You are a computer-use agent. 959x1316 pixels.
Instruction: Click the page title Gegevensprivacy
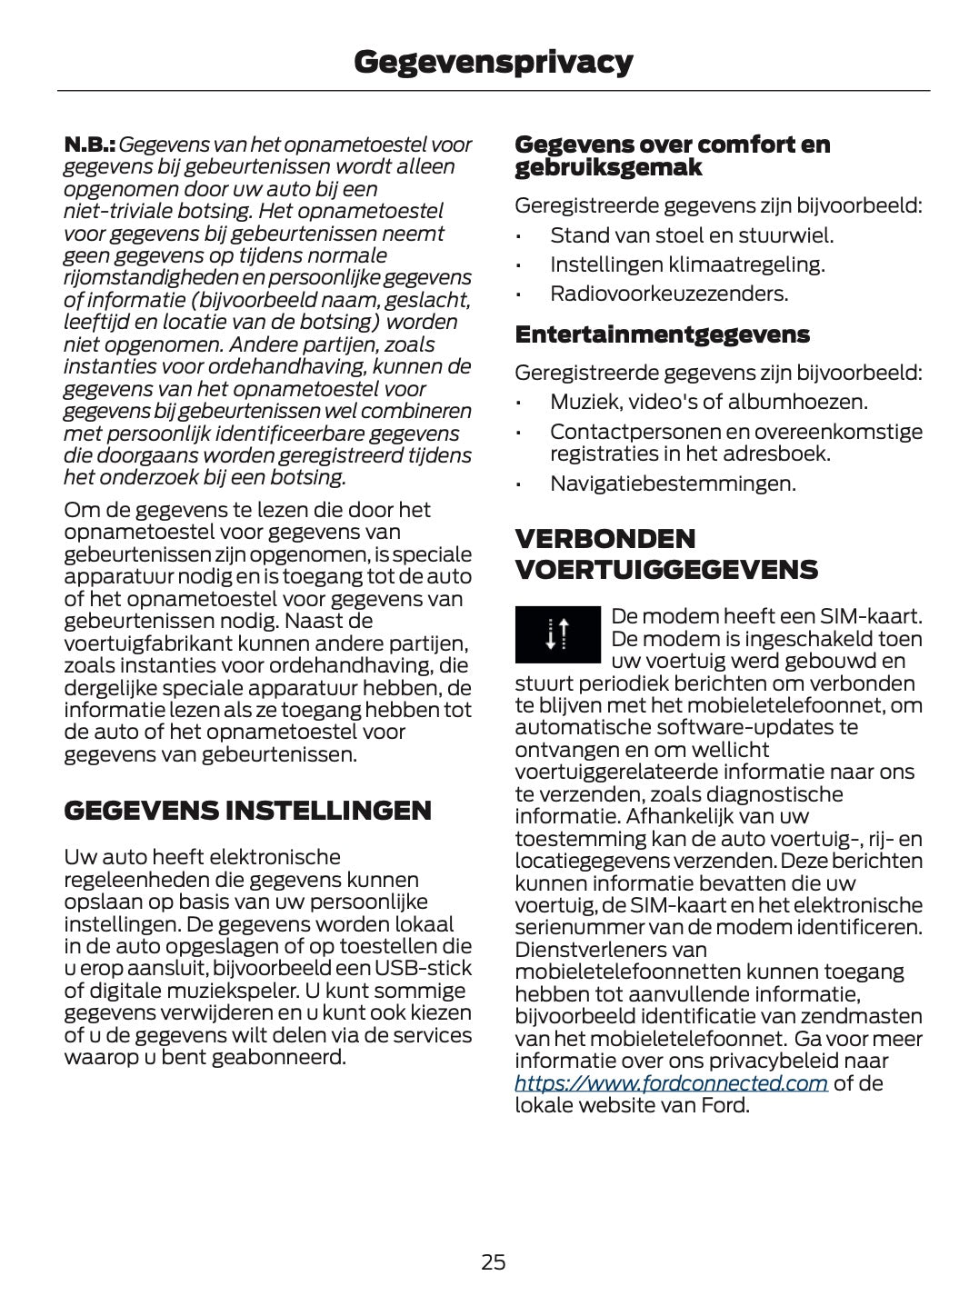(x=493, y=62)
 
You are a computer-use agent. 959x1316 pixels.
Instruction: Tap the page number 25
(x=493, y=1261)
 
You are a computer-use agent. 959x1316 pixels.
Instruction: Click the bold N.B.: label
(x=89, y=145)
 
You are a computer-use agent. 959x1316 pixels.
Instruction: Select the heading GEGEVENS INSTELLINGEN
(x=247, y=811)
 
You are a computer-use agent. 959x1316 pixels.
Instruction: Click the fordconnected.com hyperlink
(x=671, y=1083)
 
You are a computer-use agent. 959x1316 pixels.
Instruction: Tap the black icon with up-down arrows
(x=557, y=633)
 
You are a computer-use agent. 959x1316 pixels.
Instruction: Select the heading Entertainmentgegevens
(x=662, y=334)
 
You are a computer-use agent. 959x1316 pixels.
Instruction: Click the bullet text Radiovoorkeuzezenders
(x=669, y=294)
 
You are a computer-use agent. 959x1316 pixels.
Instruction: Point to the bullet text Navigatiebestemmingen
(x=673, y=484)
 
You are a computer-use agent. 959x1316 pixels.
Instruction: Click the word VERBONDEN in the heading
(x=604, y=539)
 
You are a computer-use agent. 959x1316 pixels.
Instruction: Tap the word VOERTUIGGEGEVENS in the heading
(x=666, y=571)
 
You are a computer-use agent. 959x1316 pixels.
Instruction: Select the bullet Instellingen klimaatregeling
(x=687, y=264)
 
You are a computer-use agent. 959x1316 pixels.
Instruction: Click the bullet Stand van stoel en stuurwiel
(x=691, y=235)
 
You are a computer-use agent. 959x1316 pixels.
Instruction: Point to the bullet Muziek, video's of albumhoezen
(x=708, y=402)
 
